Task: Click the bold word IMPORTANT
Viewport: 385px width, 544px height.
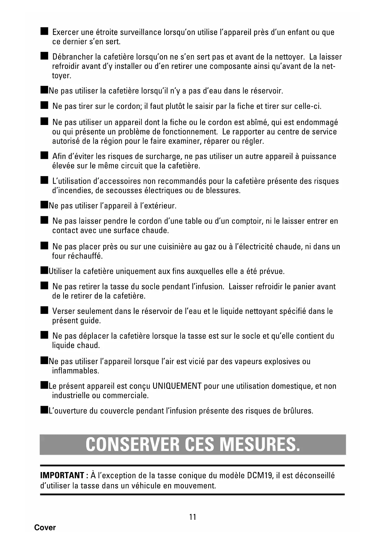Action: pyautogui.click(x=62, y=475)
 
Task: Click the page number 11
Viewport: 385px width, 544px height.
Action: pyautogui.click(x=192, y=517)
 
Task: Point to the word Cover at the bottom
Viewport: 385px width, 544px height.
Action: pyautogui.click(x=45, y=528)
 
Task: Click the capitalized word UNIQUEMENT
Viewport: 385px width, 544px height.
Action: pyautogui.click(x=177, y=386)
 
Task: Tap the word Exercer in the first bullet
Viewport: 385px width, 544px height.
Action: pyautogui.click(x=66, y=32)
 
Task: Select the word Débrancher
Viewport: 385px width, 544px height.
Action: pyautogui.click(x=73, y=57)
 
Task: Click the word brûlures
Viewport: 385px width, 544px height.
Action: pyautogui.click(x=298, y=411)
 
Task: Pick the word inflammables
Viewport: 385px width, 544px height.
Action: pyautogui.click(x=71, y=371)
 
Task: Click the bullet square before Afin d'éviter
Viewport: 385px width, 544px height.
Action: pyautogui.click(x=44, y=155)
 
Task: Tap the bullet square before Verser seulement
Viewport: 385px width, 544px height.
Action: pyautogui.click(x=44, y=310)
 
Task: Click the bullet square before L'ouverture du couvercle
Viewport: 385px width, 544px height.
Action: pyautogui.click(x=43, y=410)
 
